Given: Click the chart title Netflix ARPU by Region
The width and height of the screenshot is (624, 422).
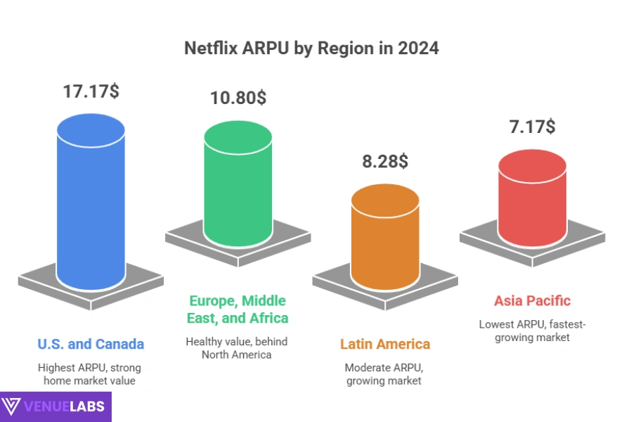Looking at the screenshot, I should click(311, 49).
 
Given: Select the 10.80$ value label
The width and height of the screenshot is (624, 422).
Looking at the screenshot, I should click(238, 98).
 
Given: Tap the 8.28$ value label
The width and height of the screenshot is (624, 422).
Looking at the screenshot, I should click(385, 161).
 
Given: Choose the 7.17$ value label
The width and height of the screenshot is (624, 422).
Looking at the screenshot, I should click(532, 127).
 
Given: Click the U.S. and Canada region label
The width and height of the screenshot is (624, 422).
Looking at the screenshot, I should click(91, 344).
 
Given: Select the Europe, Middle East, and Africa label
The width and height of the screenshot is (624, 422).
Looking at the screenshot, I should click(238, 309).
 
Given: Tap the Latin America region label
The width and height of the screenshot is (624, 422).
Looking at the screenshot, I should click(385, 344).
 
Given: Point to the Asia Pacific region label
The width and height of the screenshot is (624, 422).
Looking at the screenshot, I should click(532, 301).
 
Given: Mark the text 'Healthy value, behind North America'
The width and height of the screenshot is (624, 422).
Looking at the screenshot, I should click(238, 347).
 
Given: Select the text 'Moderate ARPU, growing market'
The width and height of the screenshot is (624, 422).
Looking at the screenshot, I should click(385, 374).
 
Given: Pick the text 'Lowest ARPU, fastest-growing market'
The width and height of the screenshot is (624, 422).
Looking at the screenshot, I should click(532, 331).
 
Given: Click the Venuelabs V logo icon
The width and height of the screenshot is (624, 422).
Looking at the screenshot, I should click(12, 407).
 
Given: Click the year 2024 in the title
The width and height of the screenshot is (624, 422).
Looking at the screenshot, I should click(421, 49).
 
